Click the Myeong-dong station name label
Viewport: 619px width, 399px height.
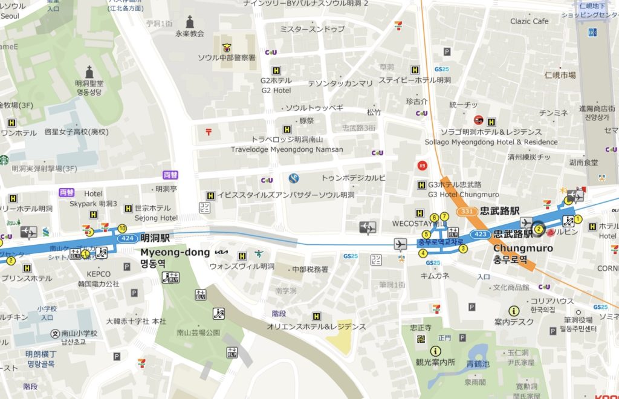point(175,251)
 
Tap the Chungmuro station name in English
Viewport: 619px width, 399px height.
point(523,248)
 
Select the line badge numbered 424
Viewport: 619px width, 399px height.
point(128,238)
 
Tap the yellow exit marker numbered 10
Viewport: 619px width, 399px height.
point(122,228)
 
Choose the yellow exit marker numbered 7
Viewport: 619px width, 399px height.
point(444,216)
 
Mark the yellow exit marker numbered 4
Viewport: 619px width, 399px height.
point(423,253)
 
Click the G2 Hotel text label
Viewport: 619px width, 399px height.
point(276,91)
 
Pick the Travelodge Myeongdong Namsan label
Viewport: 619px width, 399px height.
point(287,149)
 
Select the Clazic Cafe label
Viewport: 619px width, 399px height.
point(529,21)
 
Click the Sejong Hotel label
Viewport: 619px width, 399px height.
point(156,218)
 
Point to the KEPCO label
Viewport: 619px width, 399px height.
point(99,274)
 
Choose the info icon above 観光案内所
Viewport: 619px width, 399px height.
point(435,351)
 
